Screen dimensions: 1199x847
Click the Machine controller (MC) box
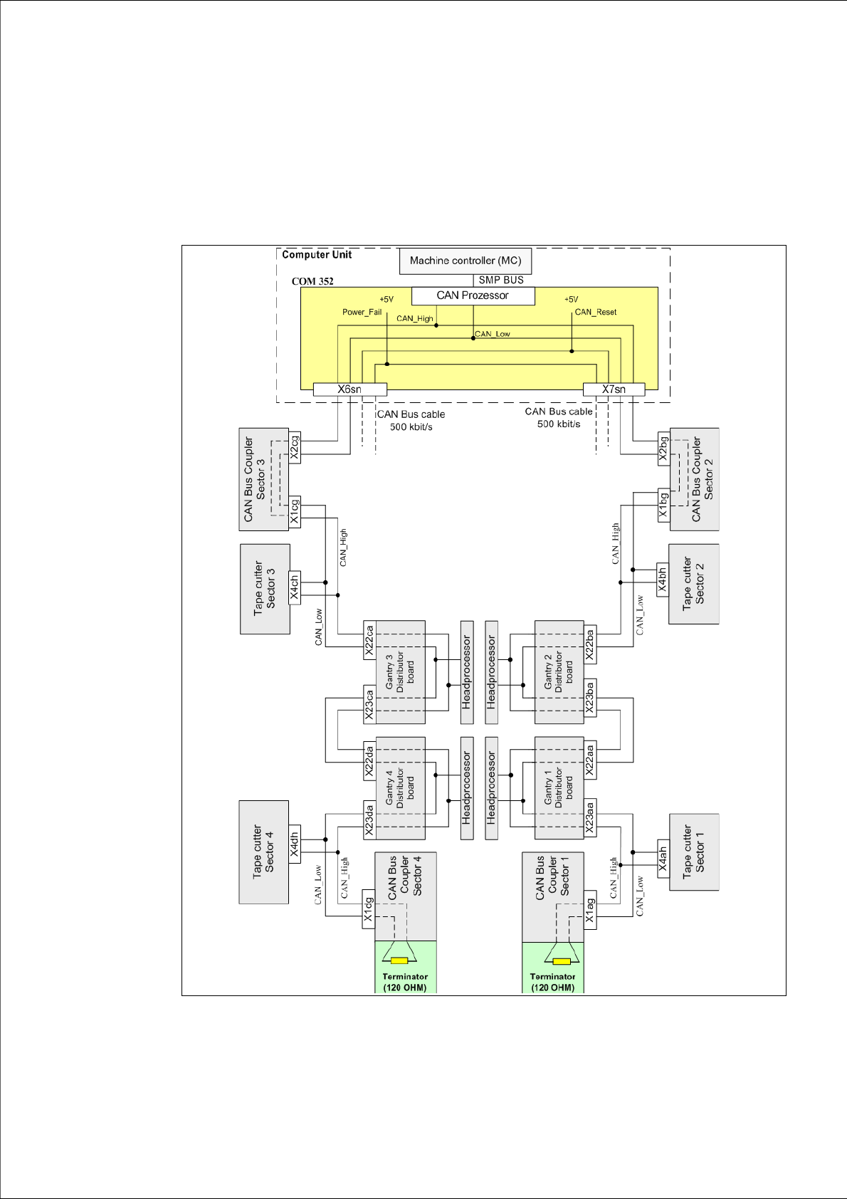tap(465, 261)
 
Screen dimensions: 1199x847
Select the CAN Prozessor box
tap(473, 295)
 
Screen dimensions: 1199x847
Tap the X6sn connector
tap(349, 389)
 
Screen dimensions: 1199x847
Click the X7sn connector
tap(614, 389)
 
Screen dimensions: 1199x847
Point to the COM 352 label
tap(312, 281)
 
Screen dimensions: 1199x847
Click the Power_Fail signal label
tap(362, 312)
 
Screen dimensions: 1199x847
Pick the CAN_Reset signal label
tap(596, 312)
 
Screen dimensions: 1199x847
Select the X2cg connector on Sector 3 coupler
tap(295, 446)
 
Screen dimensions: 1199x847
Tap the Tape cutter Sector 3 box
tap(265, 589)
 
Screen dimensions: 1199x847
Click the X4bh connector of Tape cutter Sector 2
tap(663, 580)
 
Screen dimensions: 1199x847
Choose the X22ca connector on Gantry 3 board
tap(369, 640)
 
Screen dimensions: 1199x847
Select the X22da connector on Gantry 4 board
tap(369, 760)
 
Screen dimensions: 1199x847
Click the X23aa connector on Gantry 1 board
tap(589, 817)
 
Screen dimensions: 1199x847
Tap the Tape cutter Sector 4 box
tap(263, 852)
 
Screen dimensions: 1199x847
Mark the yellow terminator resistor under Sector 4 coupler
tap(399, 960)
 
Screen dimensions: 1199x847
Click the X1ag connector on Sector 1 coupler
tap(589, 909)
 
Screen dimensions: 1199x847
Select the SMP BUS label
tap(501, 280)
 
